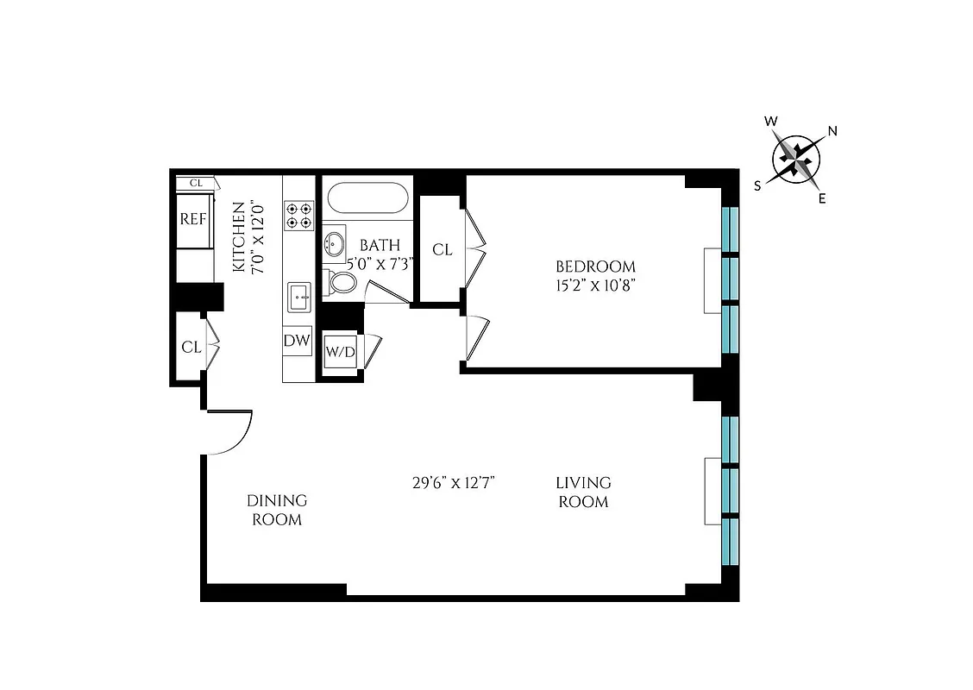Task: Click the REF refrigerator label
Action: point(193,218)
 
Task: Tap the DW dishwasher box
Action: point(297,341)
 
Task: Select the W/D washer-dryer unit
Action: point(339,352)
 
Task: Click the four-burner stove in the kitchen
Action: point(299,215)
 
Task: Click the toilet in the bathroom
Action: point(342,282)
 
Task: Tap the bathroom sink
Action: point(333,244)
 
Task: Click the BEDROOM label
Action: point(595,267)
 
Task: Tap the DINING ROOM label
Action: point(276,510)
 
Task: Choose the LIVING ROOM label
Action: point(583,492)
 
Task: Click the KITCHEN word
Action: point(238,237)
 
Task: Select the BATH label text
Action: point(380,246)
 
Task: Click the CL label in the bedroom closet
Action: point(442,250)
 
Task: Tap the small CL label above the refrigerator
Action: point(196,183)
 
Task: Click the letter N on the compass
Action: point(832,131)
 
